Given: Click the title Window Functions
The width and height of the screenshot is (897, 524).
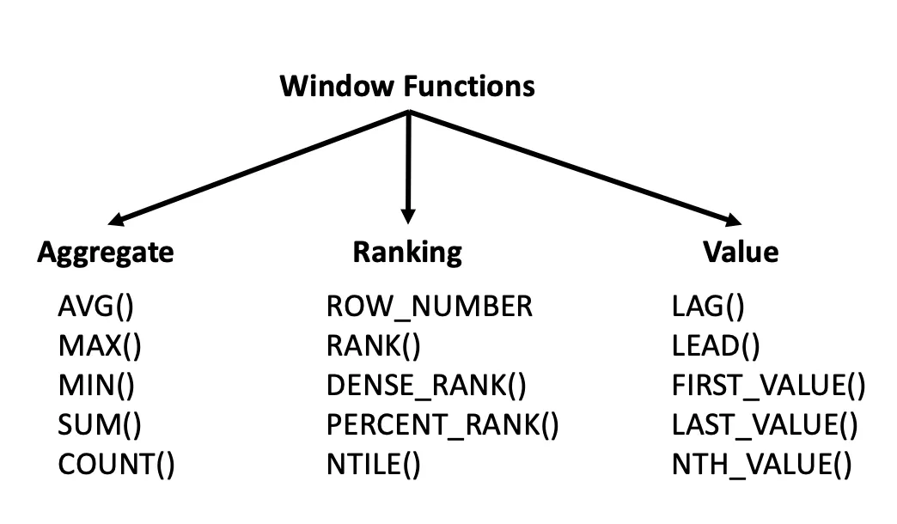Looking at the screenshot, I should pos(407,87).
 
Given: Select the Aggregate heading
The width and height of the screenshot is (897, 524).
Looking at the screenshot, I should pos(106,252).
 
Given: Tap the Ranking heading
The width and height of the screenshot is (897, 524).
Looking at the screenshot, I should pos(407,252).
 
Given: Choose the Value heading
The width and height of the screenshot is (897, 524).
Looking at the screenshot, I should pos(741,252).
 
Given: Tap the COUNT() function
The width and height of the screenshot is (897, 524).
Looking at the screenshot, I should pos(117,465).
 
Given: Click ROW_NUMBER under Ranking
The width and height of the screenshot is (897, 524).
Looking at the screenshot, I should pos(430,306).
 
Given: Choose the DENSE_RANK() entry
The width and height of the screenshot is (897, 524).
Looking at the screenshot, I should pos(426,386).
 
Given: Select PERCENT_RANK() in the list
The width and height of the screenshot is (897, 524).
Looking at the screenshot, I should pos(442,425).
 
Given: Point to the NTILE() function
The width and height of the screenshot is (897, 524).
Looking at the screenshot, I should pos(374,465).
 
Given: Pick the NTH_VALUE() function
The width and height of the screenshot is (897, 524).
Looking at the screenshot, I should pos(762,465).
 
